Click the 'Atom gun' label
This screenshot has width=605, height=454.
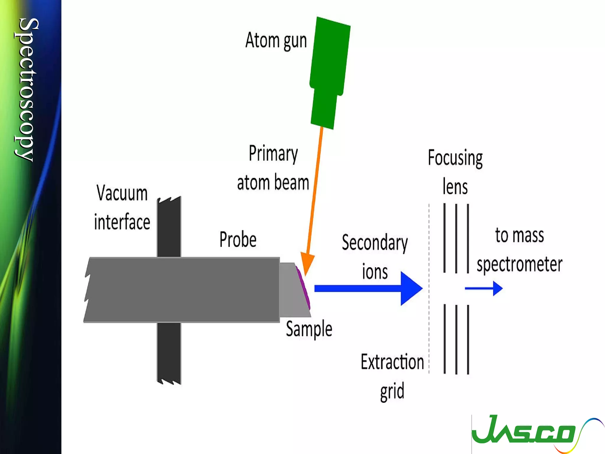pyautogui.click(x=276, y=40)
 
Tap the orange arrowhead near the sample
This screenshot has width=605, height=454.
pyautogui.click(x=307, y=263)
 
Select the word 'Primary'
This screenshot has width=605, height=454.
pyautogui.click(x=273, y=154)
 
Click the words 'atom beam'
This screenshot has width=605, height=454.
pyautogui.click(x=273, y=182)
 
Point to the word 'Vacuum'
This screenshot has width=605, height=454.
pyautogui.click(x=122, y=193)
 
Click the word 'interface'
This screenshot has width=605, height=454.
pyautogui.click(x=122, y=222)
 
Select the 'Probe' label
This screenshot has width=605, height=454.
pyautogui.click(x=238, y=239)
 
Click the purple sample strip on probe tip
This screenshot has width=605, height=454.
pyautogui.click(x=304, y=287)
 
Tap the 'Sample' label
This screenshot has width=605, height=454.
pyautogui.click(x=309, y=329)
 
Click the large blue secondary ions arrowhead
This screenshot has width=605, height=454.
pyautogui.click(x=411, y=288)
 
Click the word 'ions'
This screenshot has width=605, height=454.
pyautogui.click(x=375, y=272)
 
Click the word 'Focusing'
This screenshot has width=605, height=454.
pyautogui.click(x=455, y=158)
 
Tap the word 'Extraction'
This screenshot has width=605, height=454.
pyautogui.click(x=392, y=362)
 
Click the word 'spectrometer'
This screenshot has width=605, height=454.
pyautogui.click(x=519, y=264)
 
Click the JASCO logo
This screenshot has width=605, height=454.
pyautogui.click(x=529, y=432)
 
